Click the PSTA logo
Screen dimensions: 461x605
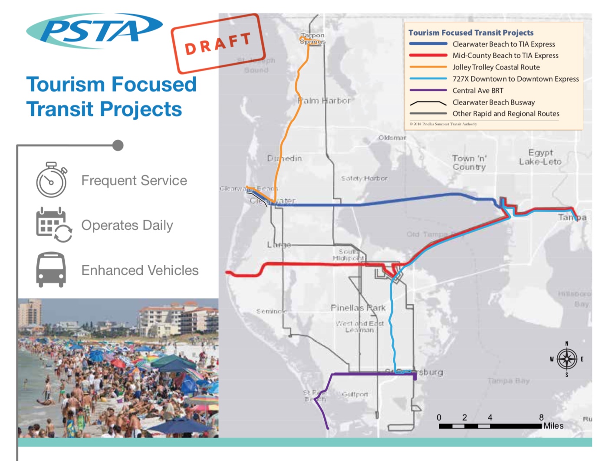pyautogui.click(x=94, y=30)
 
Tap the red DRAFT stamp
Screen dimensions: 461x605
pyautogui.click(x=218, y=43)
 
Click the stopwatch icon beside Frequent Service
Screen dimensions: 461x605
pyautogui.click(x=51, y=180)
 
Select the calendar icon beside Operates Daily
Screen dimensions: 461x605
pyautogui.click(x=53, y=224)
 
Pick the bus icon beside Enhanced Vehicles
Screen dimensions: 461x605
pyautogui.click(x=51, y=270)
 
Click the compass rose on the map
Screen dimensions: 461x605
pyautogui.click(x=566, y=359)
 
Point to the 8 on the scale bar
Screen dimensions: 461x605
pyautogui.click(x=541, y=417)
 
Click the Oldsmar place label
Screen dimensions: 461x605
pyautogui.click(x=392, y=138)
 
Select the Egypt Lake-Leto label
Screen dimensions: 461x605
pyautogui.click(x=540, y=157)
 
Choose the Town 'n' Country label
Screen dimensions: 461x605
pyautogui.click(x=469, y=162)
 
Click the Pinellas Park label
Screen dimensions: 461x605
pyautogui.click(x=358, y=308)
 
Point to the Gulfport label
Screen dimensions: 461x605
pyautogui.click(x=355, y=394)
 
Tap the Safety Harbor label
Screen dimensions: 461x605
pyautogui.click(x=364, y=178)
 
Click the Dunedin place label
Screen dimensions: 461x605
pyautogui.click(x=284, y=158)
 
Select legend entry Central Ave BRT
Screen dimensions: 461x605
pyautogui.click(x=478, y=91)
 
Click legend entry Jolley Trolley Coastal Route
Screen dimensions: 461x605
pyautogui.click(x=496, y=67)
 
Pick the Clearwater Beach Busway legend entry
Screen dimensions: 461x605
pyautogui.click(x=493, y=102)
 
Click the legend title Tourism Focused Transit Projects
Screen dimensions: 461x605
pyautogui.click(x=471, y=33)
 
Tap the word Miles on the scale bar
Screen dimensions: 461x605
pyautogui.click(x=553, y=426)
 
